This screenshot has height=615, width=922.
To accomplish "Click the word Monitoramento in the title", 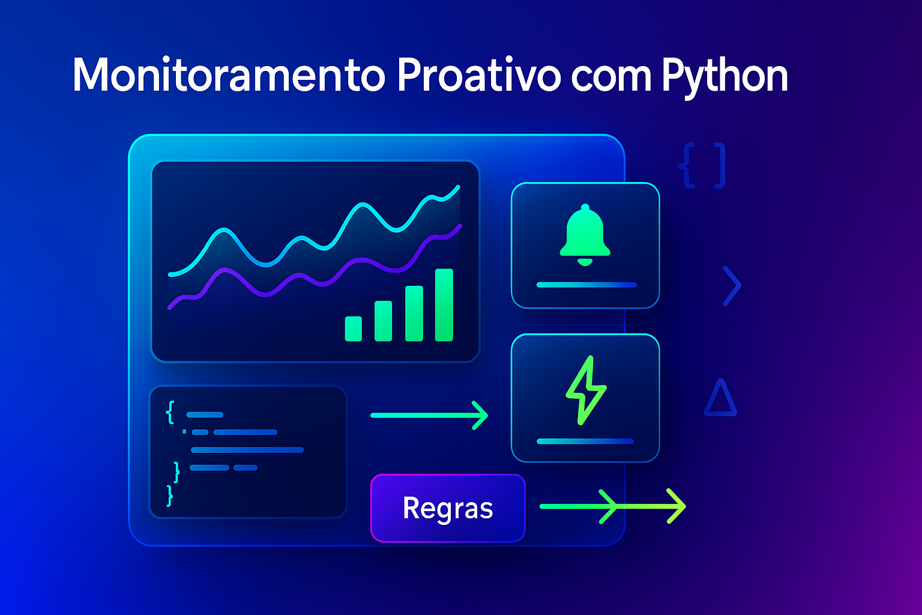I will pos(228,76).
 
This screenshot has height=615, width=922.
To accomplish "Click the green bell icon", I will pos(585,235).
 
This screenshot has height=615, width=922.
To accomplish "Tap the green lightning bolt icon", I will pos(586,390).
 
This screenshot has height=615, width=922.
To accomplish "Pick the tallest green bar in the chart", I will pos(444,304).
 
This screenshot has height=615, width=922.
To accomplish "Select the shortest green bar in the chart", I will pos(353,329).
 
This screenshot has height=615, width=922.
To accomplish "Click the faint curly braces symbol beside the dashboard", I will pos(702,165).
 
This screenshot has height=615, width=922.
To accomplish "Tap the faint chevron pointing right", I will pos(732,286).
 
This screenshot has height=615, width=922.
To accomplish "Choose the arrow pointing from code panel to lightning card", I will pos(429,415).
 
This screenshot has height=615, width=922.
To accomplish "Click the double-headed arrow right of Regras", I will pos(612,506).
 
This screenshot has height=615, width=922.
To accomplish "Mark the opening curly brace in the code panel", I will pos(170,411).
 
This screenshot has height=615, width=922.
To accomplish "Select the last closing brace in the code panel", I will pos(170,495).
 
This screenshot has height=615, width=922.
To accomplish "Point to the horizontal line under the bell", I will pos(586,285).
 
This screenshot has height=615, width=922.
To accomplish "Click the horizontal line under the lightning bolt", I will pos(585,441).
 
